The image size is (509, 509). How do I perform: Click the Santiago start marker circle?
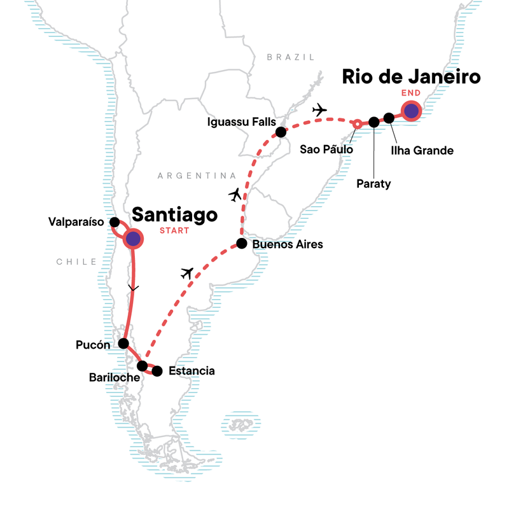click(x=133, y=239)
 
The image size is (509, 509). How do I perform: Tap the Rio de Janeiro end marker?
click(x=412, y=111)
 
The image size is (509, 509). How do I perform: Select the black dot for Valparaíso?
click(x=115, y=222)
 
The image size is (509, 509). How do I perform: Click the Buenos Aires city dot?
click(x=241, y=243)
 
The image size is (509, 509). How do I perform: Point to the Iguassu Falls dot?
click(x=280, y=132)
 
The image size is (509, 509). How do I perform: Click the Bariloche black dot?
click(x=143, y=366)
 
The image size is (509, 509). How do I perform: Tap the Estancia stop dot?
click(x=157, y=371)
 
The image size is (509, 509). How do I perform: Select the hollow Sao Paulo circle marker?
click(x=358, y=123)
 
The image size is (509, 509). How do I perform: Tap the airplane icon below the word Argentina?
click(x=235, y=194)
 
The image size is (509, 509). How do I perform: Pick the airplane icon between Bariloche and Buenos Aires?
click(x=187, y=274)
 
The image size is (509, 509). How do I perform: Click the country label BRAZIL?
click(x=291, y=57)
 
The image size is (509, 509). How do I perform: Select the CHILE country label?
click(x=76, y=261)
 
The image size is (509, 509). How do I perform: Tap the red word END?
click(x=410, y=94)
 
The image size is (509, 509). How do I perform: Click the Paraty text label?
click(x=373, y=184)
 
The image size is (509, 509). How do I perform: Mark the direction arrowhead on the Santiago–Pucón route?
click(x=132, y=289)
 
